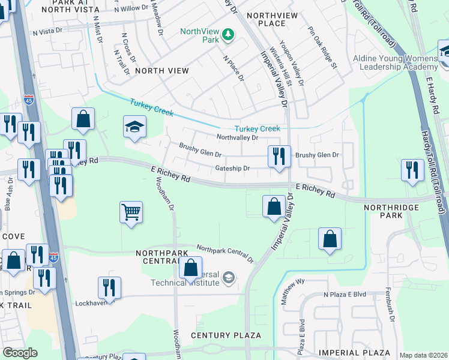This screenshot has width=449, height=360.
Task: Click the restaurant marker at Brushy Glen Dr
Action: point(279,157)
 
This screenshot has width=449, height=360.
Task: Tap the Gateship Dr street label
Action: point(232,169)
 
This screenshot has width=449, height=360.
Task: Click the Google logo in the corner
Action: point(20,353)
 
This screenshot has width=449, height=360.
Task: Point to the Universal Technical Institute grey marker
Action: point(228,277)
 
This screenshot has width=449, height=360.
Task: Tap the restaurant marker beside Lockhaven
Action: point(109,287)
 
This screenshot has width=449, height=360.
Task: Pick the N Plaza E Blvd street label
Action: point(345,295)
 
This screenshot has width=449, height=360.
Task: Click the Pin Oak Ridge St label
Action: point(323,47)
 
